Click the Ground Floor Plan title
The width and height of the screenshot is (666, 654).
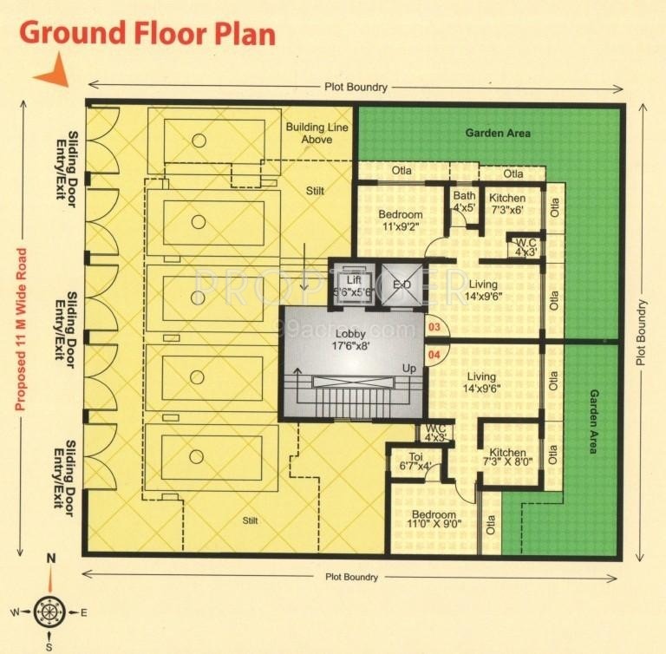tap(147, 33)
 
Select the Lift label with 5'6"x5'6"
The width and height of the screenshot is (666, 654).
tap(353, 286)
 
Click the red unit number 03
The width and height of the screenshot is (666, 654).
tap(434, 328)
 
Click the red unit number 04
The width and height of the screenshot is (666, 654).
tap(434, 355)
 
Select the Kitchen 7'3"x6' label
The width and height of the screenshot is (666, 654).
tap(507, 204)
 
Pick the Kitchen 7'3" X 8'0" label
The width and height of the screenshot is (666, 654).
tap(507, 458)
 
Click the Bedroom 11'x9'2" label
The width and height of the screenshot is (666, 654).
tap(401, 220)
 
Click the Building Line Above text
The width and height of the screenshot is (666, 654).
tap(316, 133)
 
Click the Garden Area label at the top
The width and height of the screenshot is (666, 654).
tap(498, 134)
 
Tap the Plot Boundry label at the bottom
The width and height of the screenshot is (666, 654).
tap(351, 577)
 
